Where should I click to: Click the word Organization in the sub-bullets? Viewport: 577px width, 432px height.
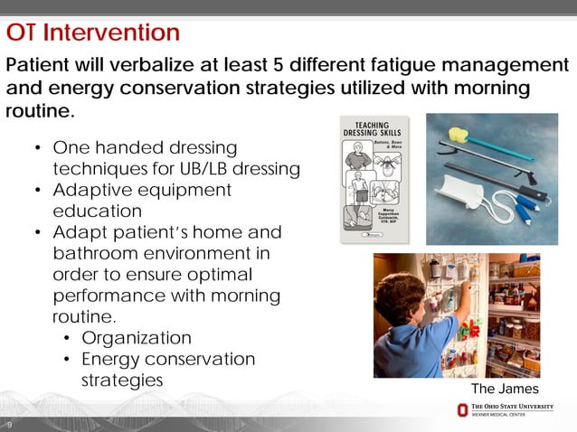pos(137,338)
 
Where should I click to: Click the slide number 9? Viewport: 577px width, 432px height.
pos(9,425)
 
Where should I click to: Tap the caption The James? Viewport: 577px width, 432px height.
pos(505,389)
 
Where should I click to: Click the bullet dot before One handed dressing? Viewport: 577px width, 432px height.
pos(36,147)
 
